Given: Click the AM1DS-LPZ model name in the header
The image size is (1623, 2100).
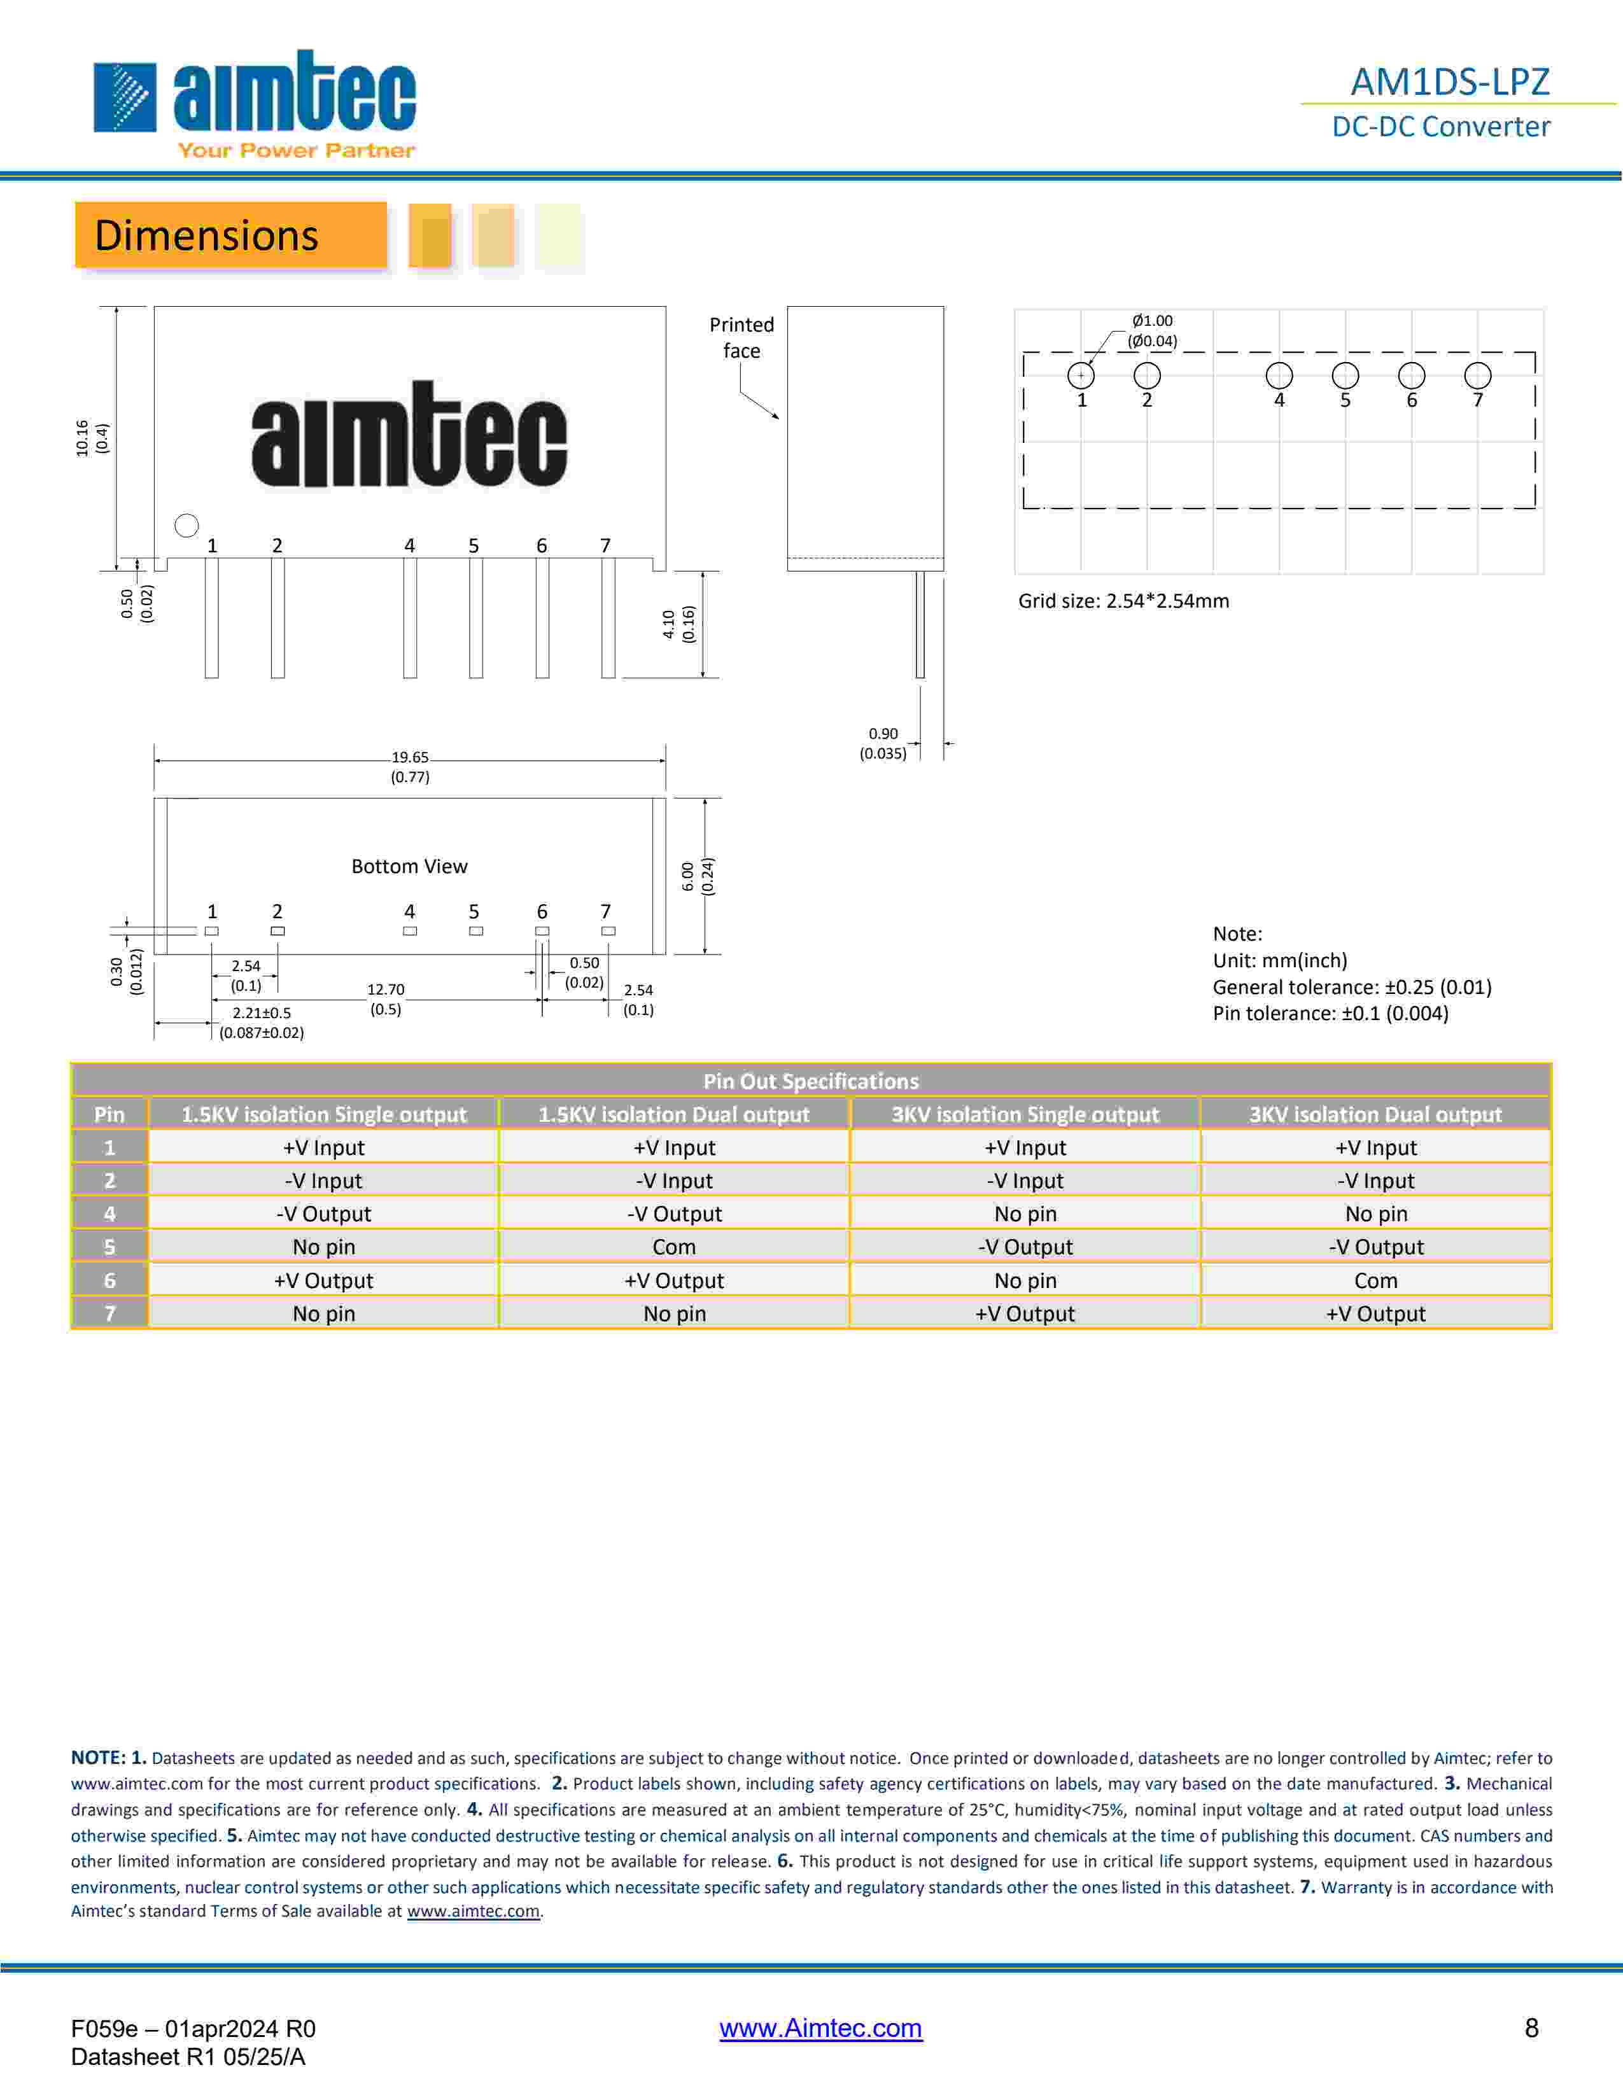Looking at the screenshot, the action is click(x=1450, y=81).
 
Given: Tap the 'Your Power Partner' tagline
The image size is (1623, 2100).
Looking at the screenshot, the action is click(x=296, y=150).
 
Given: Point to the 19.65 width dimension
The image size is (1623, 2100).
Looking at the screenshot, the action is click(x=410, y=766).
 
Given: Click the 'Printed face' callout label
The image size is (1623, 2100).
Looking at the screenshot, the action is click(x=741, y=337).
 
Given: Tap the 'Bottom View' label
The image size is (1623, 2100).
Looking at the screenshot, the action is click(x=410, y=866).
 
